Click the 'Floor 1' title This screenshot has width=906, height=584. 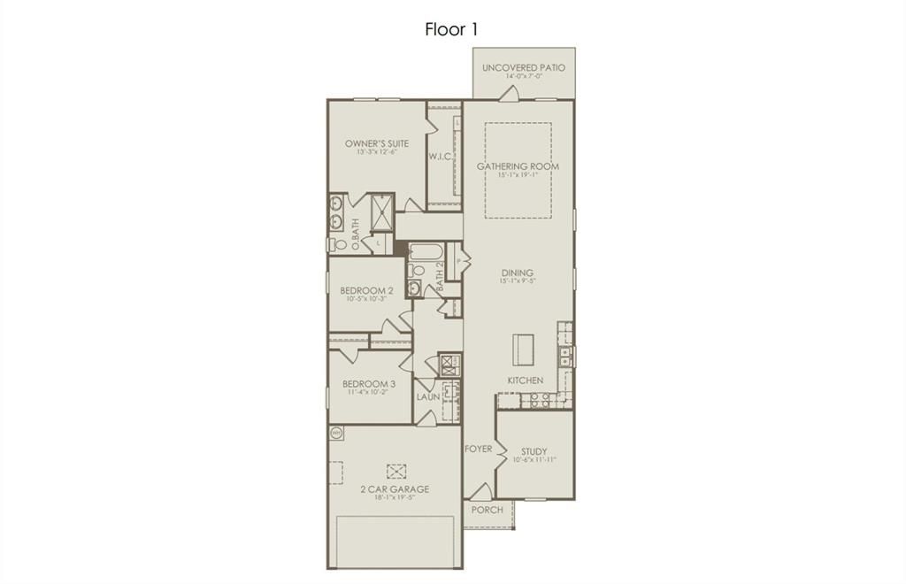tap(451, 29)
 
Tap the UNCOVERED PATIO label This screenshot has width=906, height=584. tap(523, 68)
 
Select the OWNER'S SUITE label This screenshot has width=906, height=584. tap(377, 143)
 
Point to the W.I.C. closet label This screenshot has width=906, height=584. tap(441, 157)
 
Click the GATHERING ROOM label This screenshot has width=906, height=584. tap(518, 166)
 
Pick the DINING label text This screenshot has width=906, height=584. tap(518, 273)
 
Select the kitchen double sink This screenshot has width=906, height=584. tap(566, 356)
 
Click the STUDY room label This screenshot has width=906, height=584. tap(534, 451)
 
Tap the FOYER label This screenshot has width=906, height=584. tap(479, 449)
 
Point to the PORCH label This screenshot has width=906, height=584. tap(487, 510)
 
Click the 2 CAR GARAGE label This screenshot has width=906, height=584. tap(394, 489)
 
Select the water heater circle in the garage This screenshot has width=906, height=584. tap(337, 434)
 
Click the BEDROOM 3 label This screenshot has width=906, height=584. tap(369, 384)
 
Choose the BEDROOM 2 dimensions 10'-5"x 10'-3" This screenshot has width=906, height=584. tap(368, 301)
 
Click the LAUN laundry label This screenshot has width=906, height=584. tap(428, 397)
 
